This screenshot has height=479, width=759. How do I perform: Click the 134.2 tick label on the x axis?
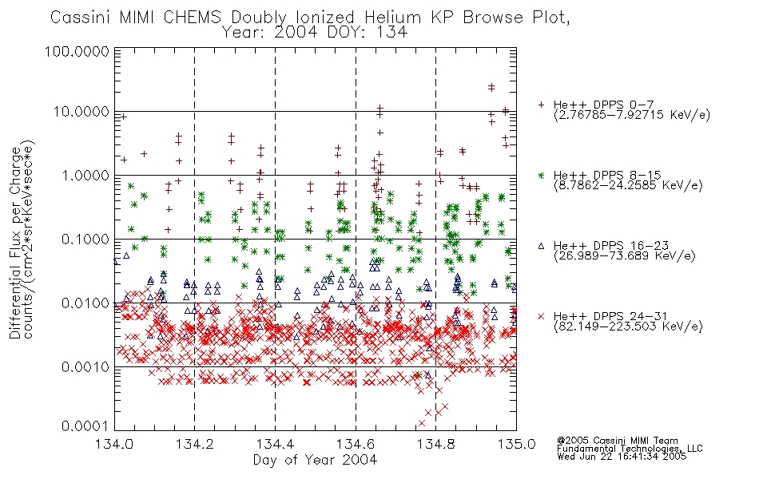pyautogui.click(x=195, y=444)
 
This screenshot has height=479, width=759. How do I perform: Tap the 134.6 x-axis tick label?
pyautogui.click(x=356, y=444)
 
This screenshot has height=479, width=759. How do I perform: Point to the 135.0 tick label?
pyautogui.click(x=516, y=444)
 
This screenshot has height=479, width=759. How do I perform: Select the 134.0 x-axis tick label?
pyautogui.click(x=114, y=444)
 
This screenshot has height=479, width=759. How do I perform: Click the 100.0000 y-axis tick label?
pyautogui.click(x=77, y=51)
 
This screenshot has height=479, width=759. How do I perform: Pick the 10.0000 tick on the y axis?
pyautogui.click(x=81, y=112)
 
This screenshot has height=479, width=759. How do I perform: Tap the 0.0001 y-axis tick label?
pyautogui.click(x=85, y=426)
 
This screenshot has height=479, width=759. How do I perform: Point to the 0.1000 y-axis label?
pyautogui.click(x=85, y=239)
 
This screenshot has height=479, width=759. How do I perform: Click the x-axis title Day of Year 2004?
pyautogui.click(x=315, y=460)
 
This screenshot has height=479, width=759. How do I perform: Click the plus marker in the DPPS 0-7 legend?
pyautogui.click(x=541, y=105)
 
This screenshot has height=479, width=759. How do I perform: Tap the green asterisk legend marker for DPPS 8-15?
pyautogui.click(x=541, y=175)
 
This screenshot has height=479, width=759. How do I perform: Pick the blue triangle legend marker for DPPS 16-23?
pyautogui.click(x=541, y=246)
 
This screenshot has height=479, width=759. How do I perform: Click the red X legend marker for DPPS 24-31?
pyautogui.click(x=541, y=316)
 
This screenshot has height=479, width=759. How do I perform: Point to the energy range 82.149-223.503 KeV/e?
pyautogui.click(x=628, y=327)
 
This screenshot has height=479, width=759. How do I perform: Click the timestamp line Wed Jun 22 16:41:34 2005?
pyautogui.click(x=622, y=457)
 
